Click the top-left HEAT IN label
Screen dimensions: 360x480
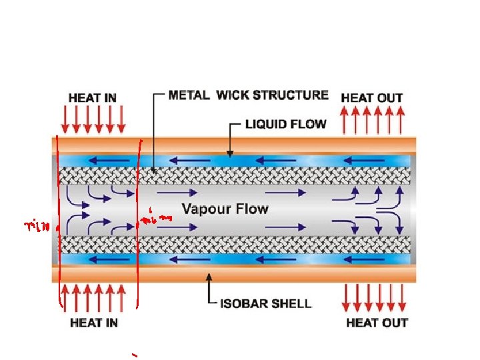(92, 97)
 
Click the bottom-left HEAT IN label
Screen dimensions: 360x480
(93, 323)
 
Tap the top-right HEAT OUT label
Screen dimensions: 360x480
(371, 97)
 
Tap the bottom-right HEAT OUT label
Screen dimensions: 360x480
(377, 323)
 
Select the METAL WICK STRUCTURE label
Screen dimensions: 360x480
(248, 95)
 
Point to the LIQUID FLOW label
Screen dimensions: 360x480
(286, 124)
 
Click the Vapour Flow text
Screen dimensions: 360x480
(225, 209)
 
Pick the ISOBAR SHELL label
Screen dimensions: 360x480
(265, 303)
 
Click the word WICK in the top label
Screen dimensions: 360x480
(235, 95)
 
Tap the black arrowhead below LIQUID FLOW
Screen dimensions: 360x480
(229, 152)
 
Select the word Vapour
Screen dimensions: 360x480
(205, 209)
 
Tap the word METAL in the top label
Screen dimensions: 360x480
(189, 95)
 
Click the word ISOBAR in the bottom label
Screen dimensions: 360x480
(243, 303)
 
